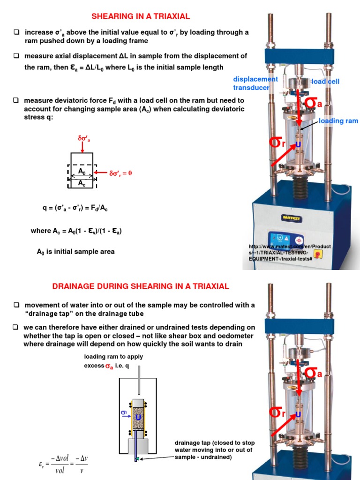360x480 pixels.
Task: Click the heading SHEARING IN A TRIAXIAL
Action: pos(141,16)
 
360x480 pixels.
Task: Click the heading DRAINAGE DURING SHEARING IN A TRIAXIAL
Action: pos(141,286)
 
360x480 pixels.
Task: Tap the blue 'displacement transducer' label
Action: pos(255,83)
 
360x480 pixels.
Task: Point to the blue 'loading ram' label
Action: pos(338,121)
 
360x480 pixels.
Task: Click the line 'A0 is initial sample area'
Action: pos(75,252)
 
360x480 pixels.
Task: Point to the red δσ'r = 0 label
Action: pos(121,173)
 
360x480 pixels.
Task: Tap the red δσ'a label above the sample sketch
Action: pos(84,139)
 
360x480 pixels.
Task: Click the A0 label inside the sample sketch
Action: pos(82,171)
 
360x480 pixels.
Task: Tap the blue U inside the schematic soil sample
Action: pos(138,416)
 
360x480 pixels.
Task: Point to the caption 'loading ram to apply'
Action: pos(113,357)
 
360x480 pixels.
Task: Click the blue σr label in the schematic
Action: pos(124,412)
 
